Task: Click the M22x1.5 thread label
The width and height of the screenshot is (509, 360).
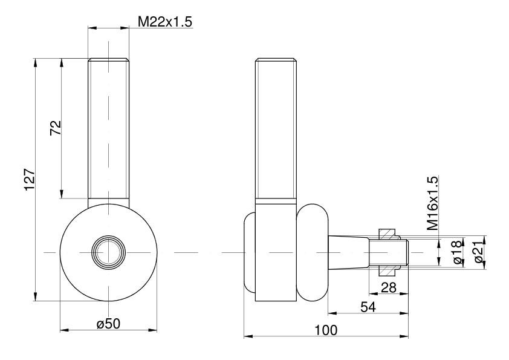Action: (165, 22)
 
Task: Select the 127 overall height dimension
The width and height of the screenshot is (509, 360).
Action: (29, 179)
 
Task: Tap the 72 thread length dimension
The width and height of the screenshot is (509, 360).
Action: (56, 128)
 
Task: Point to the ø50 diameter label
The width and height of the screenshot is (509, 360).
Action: (108, 324)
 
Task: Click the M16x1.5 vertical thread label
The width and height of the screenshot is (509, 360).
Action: (432, 203)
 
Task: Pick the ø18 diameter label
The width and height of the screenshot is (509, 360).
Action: (456, 252)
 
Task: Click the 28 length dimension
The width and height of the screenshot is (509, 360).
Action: (389, 287)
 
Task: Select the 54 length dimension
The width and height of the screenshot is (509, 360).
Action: (368, 307)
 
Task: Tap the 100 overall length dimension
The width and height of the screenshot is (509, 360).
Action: (326, 330)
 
